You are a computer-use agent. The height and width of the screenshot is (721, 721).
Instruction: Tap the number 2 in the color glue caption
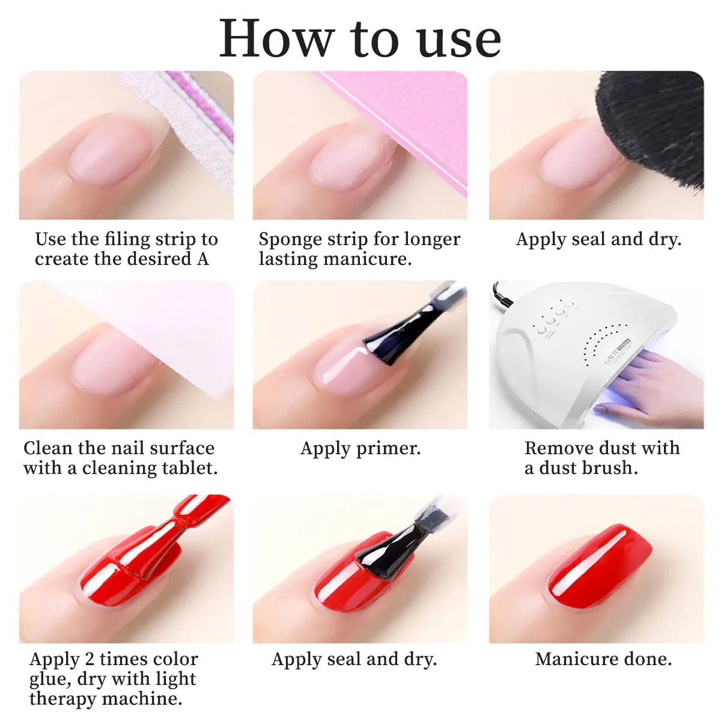coord(90,659)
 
